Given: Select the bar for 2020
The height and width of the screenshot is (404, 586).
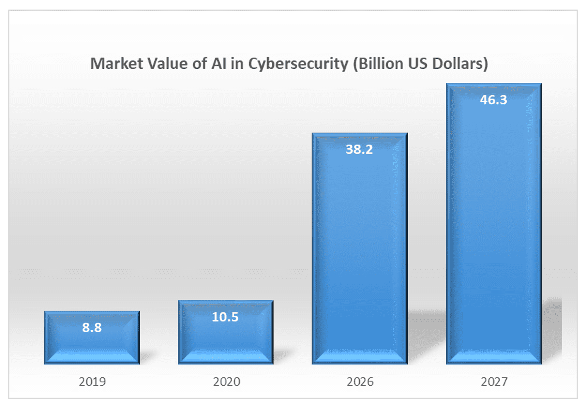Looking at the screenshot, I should (226, 338).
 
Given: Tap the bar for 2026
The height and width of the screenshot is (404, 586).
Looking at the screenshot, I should (360, 249).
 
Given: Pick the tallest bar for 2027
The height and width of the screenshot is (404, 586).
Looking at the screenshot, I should (494, 225).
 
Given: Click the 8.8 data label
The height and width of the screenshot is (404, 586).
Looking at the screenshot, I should (92, 328).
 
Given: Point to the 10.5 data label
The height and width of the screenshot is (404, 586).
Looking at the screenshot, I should (225, 317).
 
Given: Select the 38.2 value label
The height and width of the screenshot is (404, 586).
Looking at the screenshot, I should (359, 149).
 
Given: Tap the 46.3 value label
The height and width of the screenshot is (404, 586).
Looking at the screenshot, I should (493, 100).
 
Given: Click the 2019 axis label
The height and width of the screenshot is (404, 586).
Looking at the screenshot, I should (92, 381).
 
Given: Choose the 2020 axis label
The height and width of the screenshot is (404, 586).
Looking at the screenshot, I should (226, 381).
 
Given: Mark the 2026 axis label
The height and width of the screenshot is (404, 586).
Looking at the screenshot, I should (360, 381).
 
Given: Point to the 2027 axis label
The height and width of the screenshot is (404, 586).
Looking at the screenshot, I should (494, 381).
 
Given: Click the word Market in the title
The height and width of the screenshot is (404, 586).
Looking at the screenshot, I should (117, 64).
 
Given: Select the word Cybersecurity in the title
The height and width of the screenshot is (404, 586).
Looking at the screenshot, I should (298, 64).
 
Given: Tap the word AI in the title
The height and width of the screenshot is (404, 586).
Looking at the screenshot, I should (219, 64).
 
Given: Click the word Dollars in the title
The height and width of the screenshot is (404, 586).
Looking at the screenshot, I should (460, 64).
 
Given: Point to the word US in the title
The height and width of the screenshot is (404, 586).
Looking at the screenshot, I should (418, 64).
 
